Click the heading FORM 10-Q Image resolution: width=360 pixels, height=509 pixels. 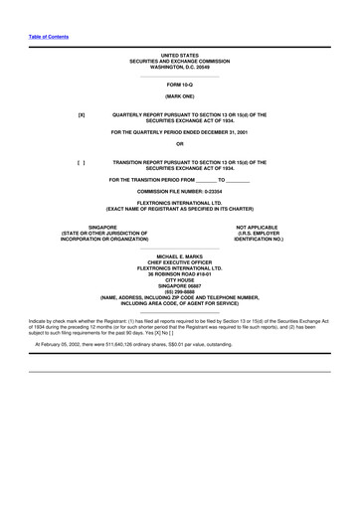[180, 85]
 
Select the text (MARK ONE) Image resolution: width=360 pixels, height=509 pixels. [180, 97]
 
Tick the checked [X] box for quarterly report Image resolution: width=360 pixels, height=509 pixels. [82, 115]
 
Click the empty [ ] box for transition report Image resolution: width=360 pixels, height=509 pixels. [82, 161]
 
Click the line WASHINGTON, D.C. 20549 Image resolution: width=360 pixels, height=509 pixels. [180, 67]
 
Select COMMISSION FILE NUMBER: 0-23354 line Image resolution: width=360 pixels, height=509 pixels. [180, 189]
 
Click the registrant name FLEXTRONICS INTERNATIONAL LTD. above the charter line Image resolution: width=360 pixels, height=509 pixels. [180, 203]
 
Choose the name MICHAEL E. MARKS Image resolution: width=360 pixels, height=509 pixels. [180, 255]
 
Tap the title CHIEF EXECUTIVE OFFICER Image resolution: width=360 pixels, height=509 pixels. [180, 261]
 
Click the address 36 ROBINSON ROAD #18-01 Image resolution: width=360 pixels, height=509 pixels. [180, 273]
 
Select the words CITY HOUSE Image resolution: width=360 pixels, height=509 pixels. [180, 279]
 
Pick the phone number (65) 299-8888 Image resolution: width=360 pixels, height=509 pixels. [180, 291]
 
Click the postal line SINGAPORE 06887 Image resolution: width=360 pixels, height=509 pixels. [180, 285]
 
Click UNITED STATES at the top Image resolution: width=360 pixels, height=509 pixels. [180, 55]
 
